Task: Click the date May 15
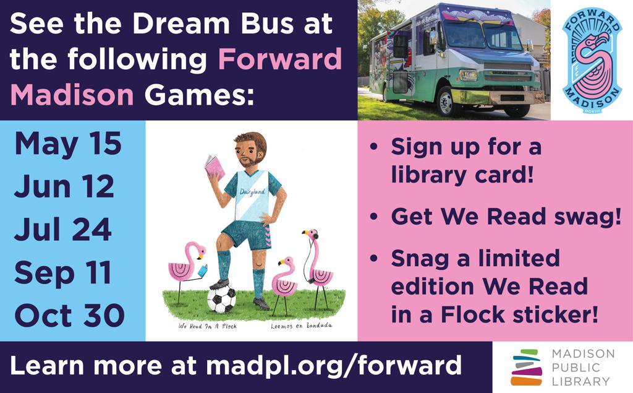[68, 145]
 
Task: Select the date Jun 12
[64, 186]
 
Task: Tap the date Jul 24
[63, 229]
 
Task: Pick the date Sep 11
[62, 273]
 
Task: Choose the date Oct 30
[69, 316]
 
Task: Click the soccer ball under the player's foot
[221, 298]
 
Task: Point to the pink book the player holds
[215, 168]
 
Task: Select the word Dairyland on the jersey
[252, 192]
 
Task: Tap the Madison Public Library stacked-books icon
[527, 367]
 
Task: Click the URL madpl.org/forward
[333, 365]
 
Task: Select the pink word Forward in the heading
[280, 59]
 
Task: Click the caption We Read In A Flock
[208, 326]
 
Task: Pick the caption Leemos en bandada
[301, 326]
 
